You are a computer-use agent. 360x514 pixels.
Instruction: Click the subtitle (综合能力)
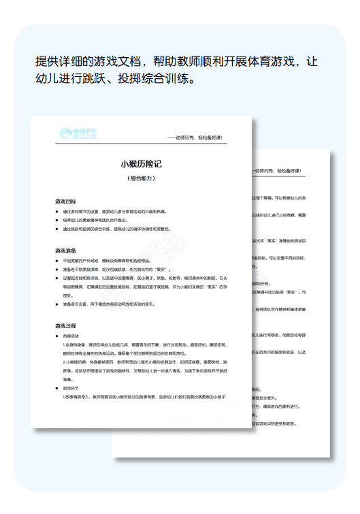pos(141,178)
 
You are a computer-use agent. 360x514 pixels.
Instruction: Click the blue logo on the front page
pos(78,133)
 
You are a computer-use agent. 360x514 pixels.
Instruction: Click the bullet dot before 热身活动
pos(57,336)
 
